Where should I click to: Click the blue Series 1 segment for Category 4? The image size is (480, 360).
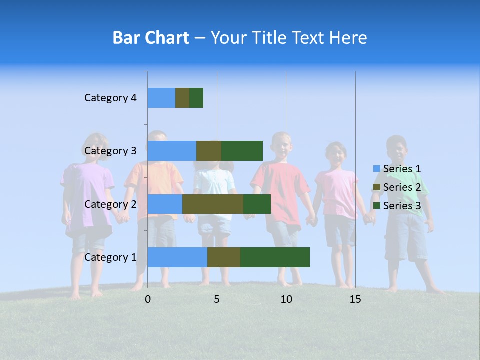[x=161, y=98]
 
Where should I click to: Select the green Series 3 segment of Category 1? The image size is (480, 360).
[x=275, y=257]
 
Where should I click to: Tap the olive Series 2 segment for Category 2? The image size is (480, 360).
[x=213, y=204]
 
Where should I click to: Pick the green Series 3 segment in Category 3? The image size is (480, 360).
[x=242, y=151]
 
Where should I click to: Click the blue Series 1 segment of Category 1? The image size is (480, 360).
[x=177, y=257]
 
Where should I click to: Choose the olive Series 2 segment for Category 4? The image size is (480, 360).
[x=182, y=98]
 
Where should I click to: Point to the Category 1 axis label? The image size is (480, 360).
[x=110, y=257]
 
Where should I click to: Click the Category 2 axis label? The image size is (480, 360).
[x=110, y=204]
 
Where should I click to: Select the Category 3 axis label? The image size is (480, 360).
[x=110, y=151]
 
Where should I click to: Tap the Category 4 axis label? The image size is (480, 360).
[x=110, y=98]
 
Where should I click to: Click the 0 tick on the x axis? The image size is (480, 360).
[x=148, y=299]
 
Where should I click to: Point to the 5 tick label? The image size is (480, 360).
[x=217, y=299]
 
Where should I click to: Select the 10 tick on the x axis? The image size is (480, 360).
[x=286, y=299]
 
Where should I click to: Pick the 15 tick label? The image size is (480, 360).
[x=355, y=299]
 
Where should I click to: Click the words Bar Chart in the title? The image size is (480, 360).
[x=151, y=38]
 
